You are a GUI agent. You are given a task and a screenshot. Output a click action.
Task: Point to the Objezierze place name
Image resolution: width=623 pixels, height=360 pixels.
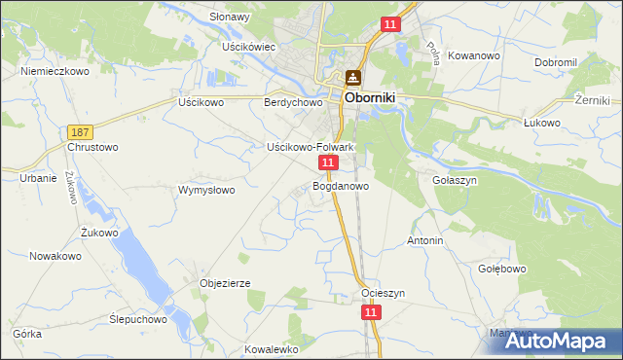click(x=226, y=283)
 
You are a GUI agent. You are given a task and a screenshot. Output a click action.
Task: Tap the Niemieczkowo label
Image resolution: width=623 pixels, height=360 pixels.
click(x=55, y=71)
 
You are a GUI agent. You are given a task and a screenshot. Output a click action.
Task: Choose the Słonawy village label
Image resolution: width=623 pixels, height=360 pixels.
click(x=230, y=17)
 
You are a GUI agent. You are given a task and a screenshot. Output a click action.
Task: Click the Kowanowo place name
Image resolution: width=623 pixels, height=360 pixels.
click(x=474, y=55)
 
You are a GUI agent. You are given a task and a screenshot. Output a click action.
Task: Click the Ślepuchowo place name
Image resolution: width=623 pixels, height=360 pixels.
click(x=137, y=318)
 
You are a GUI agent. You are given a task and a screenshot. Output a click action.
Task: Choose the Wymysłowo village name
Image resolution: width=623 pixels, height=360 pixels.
click(x=206, y=190)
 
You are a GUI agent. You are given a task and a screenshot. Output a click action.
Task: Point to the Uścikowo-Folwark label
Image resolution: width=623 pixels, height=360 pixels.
click(x=310, y=147)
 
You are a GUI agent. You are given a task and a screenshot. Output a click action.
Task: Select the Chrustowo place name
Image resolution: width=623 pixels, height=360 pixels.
click(x=92, y=147)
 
